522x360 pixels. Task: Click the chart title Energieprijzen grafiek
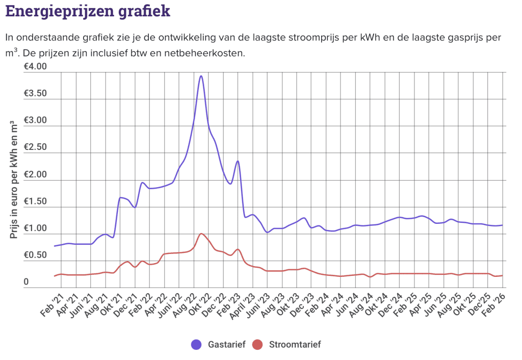click(x=87, y=11)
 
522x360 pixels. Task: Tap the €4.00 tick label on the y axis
click(x=35, y=67)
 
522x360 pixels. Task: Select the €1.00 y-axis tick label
click(x=35, y=228)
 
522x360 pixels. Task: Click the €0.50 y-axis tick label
click(x=35, y=255)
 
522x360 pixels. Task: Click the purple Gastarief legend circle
click(x=196, y=345)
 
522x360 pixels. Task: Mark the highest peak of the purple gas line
click(x=201, y=76)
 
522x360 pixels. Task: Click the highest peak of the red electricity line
click(x=201, y=234)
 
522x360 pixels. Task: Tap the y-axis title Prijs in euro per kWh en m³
click(x=14, y=181)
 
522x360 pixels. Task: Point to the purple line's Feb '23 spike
click(x=238, y=161)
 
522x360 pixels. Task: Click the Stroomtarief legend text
click(x=295, y=345)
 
